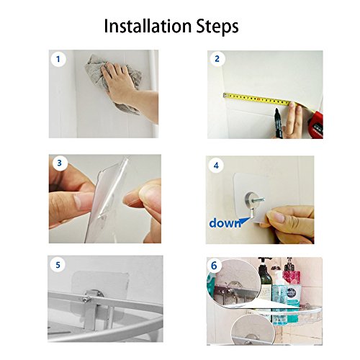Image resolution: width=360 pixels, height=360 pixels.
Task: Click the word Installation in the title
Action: click(148, 26)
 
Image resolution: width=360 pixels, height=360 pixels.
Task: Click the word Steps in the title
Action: click(217, 27)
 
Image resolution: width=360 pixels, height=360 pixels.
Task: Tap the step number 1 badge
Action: click(58, 59)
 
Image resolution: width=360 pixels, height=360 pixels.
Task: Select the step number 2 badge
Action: click(217, 59)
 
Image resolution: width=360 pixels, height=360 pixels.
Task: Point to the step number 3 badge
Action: click(59, 163)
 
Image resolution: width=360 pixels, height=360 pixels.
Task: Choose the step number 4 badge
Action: click(216, 166)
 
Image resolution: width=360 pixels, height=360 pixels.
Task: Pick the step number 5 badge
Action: click(58, 265)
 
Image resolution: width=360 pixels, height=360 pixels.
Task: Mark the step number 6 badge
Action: click(214, 266)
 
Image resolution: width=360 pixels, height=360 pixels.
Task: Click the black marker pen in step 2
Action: click(278, 123)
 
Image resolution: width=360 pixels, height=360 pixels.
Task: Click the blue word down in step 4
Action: click(225, 223)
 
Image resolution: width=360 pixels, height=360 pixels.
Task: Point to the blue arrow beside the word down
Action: click(245, 221)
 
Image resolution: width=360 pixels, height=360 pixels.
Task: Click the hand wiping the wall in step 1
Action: click(128, 86)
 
